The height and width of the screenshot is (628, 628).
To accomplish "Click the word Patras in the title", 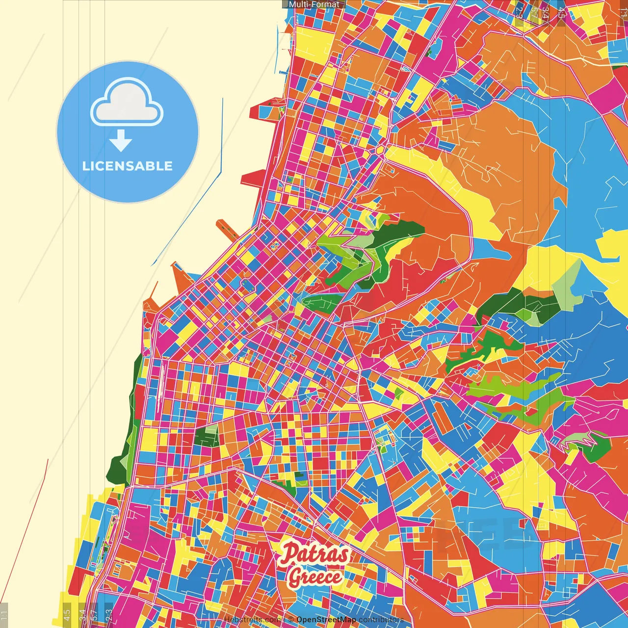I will [x=314, y=555].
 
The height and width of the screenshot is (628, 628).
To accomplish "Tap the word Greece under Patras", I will [x=314, y=576].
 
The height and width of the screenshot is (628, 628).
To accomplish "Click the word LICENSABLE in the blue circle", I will [x=128, y=166].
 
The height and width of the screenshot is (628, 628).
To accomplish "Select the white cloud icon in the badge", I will [x=127, y=104].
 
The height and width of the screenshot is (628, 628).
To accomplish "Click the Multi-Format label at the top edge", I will [x=314, y=4].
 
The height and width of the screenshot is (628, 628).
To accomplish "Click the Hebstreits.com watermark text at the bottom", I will [x=253, y=620].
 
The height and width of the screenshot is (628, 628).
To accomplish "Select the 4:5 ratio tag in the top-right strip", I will [x=561, y=12].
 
